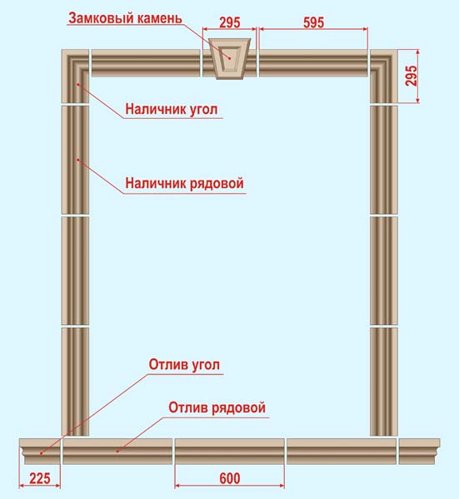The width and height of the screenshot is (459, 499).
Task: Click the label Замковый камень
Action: click(x=125, y=18)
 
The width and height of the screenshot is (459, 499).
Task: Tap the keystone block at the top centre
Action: click(x=230, y=58)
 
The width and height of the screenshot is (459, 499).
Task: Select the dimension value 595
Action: click(x=314, y=22)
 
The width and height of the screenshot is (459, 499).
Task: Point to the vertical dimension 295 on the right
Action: click(x=412, y=76)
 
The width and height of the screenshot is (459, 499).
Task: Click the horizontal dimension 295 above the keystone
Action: click(x=230, y=22)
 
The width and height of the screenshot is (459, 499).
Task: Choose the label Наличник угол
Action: click(x=172, y=109)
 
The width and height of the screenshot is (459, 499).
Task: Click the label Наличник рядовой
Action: click(x=185, y=184)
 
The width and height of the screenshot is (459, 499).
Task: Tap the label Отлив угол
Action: click(x=184, y=365)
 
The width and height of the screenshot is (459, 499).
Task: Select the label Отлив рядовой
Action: click(x=217, y=408)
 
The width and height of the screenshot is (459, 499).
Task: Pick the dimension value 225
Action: click(x=40, y=478)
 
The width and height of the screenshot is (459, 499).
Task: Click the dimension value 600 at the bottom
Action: click(x=230, y=478)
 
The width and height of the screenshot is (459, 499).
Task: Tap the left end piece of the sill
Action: click(x=40, y=452)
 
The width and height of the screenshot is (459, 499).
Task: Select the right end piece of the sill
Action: click(x=420, y=452)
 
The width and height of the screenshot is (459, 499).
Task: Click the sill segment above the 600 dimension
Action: click(x=230, y=452)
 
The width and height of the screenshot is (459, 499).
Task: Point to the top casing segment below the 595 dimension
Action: click(x=313, y=63)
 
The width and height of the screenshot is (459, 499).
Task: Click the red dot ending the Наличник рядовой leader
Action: click(x=77, y=160)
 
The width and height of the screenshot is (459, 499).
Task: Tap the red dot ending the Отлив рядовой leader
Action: click(x=117, y=451)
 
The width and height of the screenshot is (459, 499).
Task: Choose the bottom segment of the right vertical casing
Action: click(x=384, y=382)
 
